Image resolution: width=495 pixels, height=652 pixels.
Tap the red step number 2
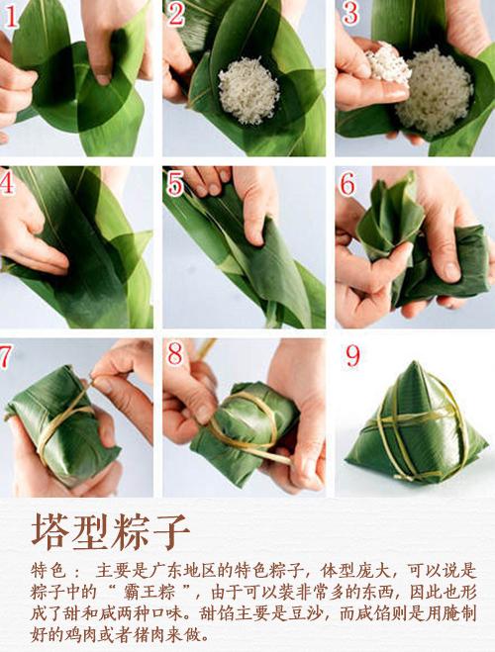pyautogui.click(x=176, y=14)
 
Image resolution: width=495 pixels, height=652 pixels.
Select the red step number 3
pyautogui.click(x=348, y=14)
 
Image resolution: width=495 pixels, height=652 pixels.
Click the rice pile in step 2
pyautogui.click(x=247, y=90)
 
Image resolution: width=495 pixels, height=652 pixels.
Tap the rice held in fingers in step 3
pyautogui.click(x=386, y=65)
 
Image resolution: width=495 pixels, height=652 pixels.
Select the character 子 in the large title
pyautogui.click(x=170, y=532)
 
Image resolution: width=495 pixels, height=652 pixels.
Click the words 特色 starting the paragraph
pyautogui.click(x=49, y=572)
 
